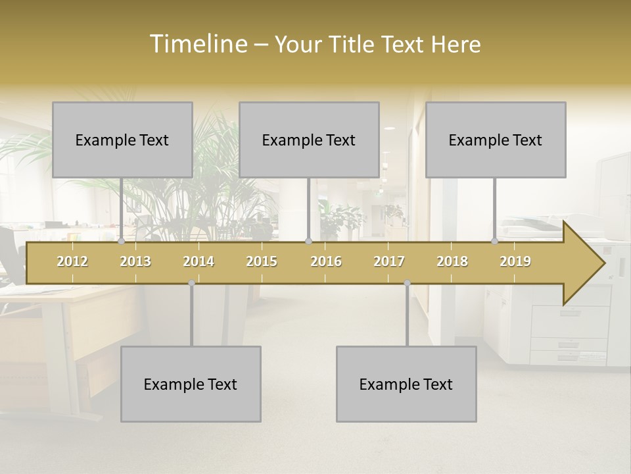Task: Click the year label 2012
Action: pyautogui.click(x=72, y=261)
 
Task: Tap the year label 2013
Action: pyautogui.click(x=135, y=261)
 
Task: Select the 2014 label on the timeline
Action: pyautogui.click(x=199, y=261)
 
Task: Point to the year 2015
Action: pyautogui.click(x=262, y=261)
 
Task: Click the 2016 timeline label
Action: pyautogui.click(x=326, y=261)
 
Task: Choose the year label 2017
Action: pyautogui.click(x=389, y=261)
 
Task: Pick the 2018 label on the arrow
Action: pyautogui.click(x=452, y=261)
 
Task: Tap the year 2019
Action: pyautogui.click(x=515, y=261)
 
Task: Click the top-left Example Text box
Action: pyautogui.click(x=122, y=140)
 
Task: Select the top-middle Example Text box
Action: pyautogui.click(x=309, y=140)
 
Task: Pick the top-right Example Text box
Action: pyautogui.click(x=496, y=140)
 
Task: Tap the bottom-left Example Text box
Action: pyautogui.click(x=191, y=384)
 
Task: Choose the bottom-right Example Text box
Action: pyautogui.click(x=406, y=384)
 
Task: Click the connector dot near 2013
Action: pyautogui.click(x=121, y=241)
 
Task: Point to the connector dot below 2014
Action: pyautogui.click(x=191, y=282)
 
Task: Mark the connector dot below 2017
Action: pyautogui.click(x=407, y=282)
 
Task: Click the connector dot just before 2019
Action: pyautogui.click(x=494, y=241)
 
